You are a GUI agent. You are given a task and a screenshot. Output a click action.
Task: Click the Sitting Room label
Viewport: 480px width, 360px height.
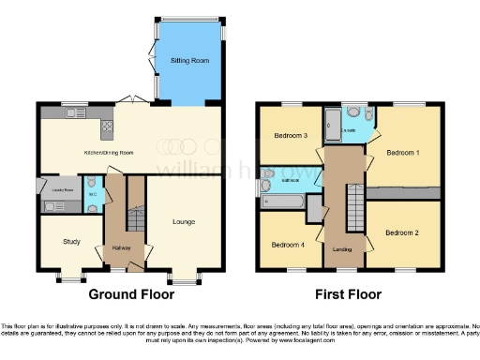point(188,61)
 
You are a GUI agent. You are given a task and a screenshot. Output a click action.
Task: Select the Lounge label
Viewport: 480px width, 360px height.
point(183,222)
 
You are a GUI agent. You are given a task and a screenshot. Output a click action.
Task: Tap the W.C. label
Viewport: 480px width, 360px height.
point(92,194)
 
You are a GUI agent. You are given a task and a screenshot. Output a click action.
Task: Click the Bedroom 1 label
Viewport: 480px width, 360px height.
point(405,152)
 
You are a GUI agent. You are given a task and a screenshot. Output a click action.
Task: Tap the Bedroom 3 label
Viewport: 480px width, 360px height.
point(291,136)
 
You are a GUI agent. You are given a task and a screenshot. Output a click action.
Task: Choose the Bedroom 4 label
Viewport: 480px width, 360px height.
point(287,245)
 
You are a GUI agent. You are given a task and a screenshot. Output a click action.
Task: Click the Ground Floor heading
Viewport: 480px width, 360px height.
point(129,293)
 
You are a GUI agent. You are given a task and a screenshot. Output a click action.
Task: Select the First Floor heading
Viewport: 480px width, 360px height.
point(349,293)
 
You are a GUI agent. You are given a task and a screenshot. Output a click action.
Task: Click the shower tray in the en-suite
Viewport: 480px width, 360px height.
point(335,121)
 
